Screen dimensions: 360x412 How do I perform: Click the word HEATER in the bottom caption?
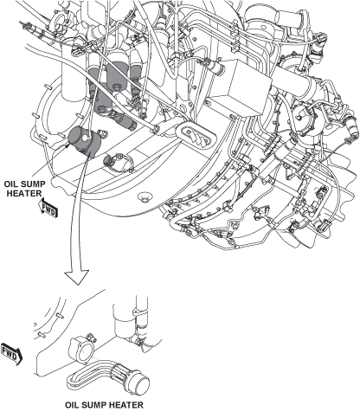click(x=126, y=405)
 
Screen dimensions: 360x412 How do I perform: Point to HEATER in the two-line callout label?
click(x=24, y=193)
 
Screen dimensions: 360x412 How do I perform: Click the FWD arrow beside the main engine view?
click(x=48, y=209)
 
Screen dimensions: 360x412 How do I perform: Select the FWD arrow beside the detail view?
click(x=11, y=354)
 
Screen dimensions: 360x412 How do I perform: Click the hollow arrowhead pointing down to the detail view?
click(x=77, y=277)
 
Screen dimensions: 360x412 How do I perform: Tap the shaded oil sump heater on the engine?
click(x=84, y=142)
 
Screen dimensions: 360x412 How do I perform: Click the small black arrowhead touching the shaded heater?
click(x=67, y=145)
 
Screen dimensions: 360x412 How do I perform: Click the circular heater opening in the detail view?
click(x=85, y=351)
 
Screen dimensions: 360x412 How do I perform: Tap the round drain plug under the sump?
click(x=145, y=196)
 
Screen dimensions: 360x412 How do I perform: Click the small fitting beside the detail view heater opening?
click(x=90, y=337)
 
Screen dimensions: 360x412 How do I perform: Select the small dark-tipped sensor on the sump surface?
click(x=110, y=160)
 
